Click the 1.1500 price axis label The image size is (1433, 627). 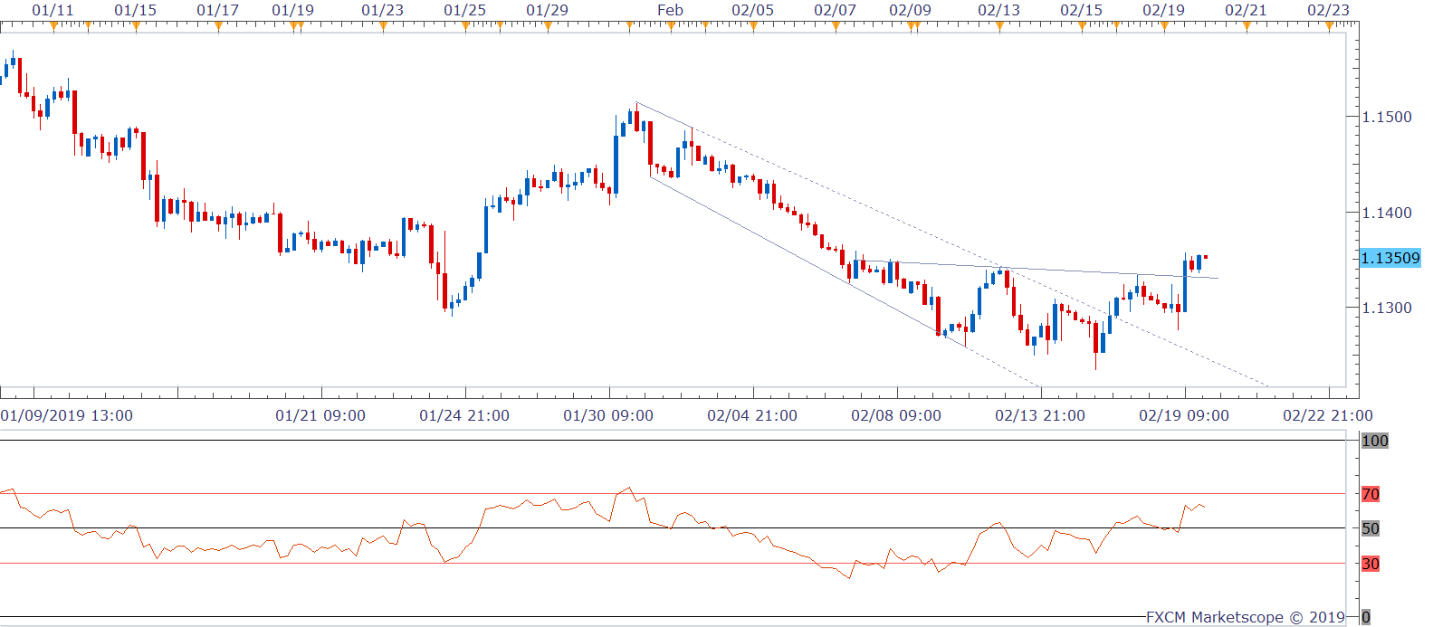pos(1386,117)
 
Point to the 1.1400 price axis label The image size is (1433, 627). pos(1386,213)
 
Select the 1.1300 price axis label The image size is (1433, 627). pos(1386,308)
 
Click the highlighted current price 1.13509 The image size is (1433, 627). pos(1390,258)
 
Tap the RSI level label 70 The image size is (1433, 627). pos(1371,494)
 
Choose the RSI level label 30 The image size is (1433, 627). pos(1371,564)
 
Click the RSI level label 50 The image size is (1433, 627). pos(1371,528)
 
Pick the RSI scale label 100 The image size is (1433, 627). pos(1374,441)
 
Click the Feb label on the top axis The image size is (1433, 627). pos(670,10)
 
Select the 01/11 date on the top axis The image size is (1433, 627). pos(53,10)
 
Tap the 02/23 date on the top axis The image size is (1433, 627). pos(1328,10)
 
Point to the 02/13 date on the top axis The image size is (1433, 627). pos(998,10)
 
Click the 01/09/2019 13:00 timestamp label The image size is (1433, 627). pos(67,415)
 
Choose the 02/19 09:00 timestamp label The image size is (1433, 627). pos(1183,415)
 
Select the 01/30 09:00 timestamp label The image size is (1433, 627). pos(608,415)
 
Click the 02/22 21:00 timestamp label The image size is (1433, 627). pos(1327,415)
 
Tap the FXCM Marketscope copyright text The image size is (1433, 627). pos(1245,617)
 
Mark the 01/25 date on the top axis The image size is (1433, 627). pos(464,10)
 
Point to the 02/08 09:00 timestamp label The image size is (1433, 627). pos(896,415)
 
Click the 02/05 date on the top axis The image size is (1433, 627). pos(752,10)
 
